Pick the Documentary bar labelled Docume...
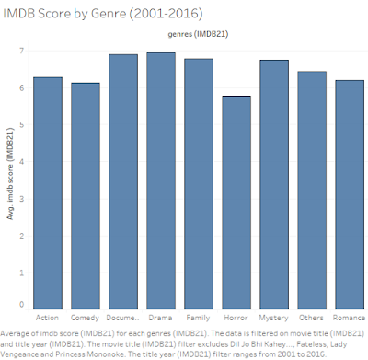pos(123,180)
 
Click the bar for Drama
pos(161,180)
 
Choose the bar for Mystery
pos(274,183)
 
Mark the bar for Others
pos(312,189)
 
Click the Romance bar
pos(350,193)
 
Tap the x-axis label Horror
pos(236,317)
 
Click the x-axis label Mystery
pos(274,317)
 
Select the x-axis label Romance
pos(350,317)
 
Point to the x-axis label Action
pos(47,317)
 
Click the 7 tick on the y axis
pos(23,49)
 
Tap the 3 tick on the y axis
pos(23,196)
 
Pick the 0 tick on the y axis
pos(23,305)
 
